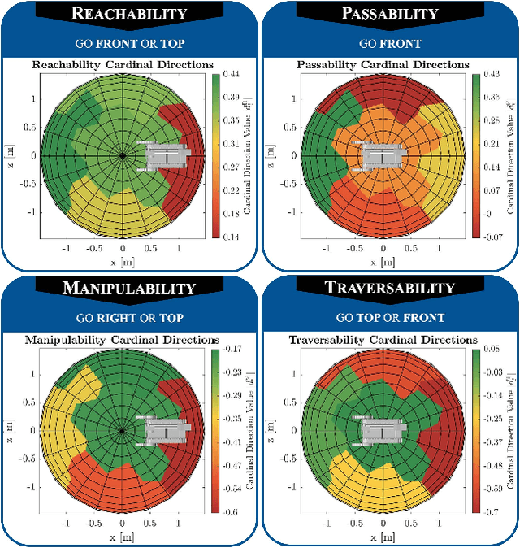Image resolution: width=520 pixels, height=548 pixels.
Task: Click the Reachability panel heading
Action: tap(130, 13)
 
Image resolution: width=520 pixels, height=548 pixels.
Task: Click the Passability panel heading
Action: tap(390, 13)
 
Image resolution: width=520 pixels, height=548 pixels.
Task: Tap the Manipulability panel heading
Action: tap(130, 288)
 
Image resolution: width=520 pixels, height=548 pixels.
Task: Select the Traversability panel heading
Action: tap(390, 288)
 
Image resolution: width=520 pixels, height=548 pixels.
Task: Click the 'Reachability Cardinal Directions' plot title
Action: tap(122, 64)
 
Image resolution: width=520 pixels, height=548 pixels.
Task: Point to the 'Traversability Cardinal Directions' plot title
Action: tap(381, 339)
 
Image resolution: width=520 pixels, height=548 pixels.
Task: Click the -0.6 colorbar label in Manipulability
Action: tap(231, 511)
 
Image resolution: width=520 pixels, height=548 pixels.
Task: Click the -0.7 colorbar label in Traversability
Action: tap(490, 511)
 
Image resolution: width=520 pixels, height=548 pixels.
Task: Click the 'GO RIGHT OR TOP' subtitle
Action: tap(130, 319)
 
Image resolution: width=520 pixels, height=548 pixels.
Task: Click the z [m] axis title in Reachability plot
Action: tap(9, 154)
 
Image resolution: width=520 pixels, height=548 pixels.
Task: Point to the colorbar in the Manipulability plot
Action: tap(214, 430)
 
